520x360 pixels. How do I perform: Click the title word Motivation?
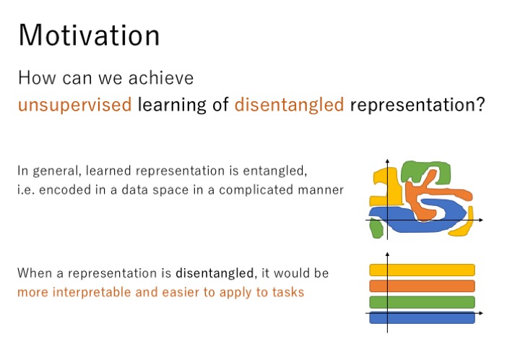point(90,35)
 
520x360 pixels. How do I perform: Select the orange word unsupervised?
point(75,105)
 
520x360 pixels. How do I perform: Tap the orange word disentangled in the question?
point(289,105)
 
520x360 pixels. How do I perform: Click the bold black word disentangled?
point(215,273)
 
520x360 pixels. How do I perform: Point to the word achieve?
point(161,78)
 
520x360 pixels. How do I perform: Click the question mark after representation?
point(480,104)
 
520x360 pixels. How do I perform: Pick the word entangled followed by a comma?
point(275,171)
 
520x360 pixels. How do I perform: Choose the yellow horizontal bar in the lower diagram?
point(422,270)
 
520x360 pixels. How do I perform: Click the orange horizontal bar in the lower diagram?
point(422,286)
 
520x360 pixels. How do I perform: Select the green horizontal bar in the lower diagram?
point(422,302)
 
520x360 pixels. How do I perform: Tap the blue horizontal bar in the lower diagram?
point(422,317)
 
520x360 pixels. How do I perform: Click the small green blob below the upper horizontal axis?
point(376,228)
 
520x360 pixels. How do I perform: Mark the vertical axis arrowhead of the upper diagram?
point(387,161)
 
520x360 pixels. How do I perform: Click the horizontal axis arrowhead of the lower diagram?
point(481,313)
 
